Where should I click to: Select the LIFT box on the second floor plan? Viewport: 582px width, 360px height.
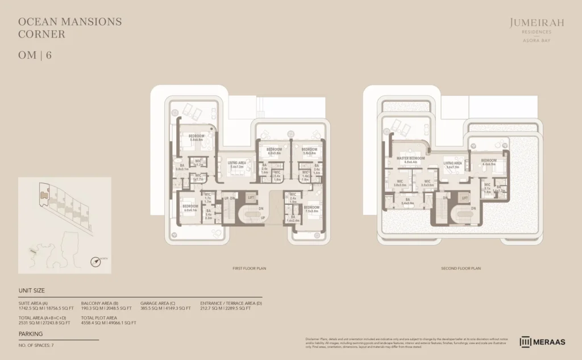[464, 197]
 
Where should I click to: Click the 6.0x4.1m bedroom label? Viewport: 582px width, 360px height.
[190, 208]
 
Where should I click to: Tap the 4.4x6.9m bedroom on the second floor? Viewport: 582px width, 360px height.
[489, 163]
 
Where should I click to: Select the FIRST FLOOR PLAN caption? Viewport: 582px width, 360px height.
[250, 268]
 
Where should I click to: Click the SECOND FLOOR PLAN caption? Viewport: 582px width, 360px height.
[461, 268]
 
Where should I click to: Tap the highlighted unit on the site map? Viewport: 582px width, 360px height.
[44, 196]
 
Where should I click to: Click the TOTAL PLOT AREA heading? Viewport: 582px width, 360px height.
[99, 317]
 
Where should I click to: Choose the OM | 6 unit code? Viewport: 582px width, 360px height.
[35, 56]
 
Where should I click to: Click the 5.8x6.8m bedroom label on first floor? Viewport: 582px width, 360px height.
[196, 138]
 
